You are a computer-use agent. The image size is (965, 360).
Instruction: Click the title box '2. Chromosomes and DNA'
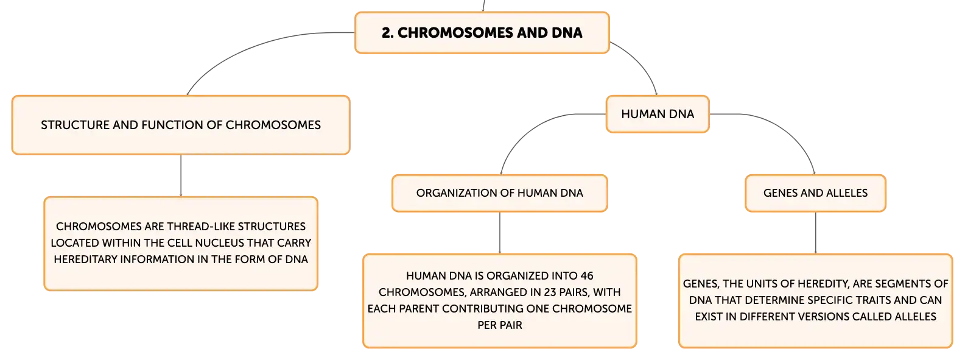482,33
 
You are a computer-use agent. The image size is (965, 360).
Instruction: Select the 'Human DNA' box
658,115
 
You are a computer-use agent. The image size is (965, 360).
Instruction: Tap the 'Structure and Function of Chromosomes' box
181,125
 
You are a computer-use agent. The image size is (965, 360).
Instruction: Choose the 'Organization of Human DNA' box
500,193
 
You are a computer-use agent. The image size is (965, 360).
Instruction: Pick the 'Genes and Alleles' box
815,193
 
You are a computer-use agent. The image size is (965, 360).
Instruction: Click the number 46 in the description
587,276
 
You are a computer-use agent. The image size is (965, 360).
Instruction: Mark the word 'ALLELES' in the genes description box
915,317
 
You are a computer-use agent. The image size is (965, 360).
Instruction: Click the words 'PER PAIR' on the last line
500,325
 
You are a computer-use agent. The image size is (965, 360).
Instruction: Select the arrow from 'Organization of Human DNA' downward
500,233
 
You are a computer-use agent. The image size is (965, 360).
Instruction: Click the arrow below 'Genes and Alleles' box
815,233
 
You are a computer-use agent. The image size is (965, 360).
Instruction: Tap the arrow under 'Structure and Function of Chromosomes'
181,175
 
